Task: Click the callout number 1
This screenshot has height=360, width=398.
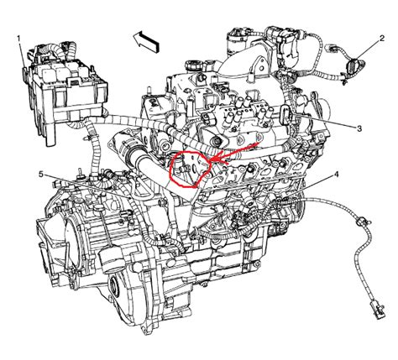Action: pyautogui.click(x=19, y=39)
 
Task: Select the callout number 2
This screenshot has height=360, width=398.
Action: pyautogui.click(x=382, y=39)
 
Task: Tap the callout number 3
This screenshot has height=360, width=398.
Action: pyautogui.click(x=359, y=128)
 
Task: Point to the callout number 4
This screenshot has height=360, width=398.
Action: pyautogui.click(x=336, y=175)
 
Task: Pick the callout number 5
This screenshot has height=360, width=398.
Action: pyautogui.click(x=41, y=175)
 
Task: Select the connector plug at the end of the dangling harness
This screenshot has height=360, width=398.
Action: pyautogui.click(x=377, y=310)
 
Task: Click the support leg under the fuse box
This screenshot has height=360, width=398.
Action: pyautogui.click(x=50, y=134)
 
